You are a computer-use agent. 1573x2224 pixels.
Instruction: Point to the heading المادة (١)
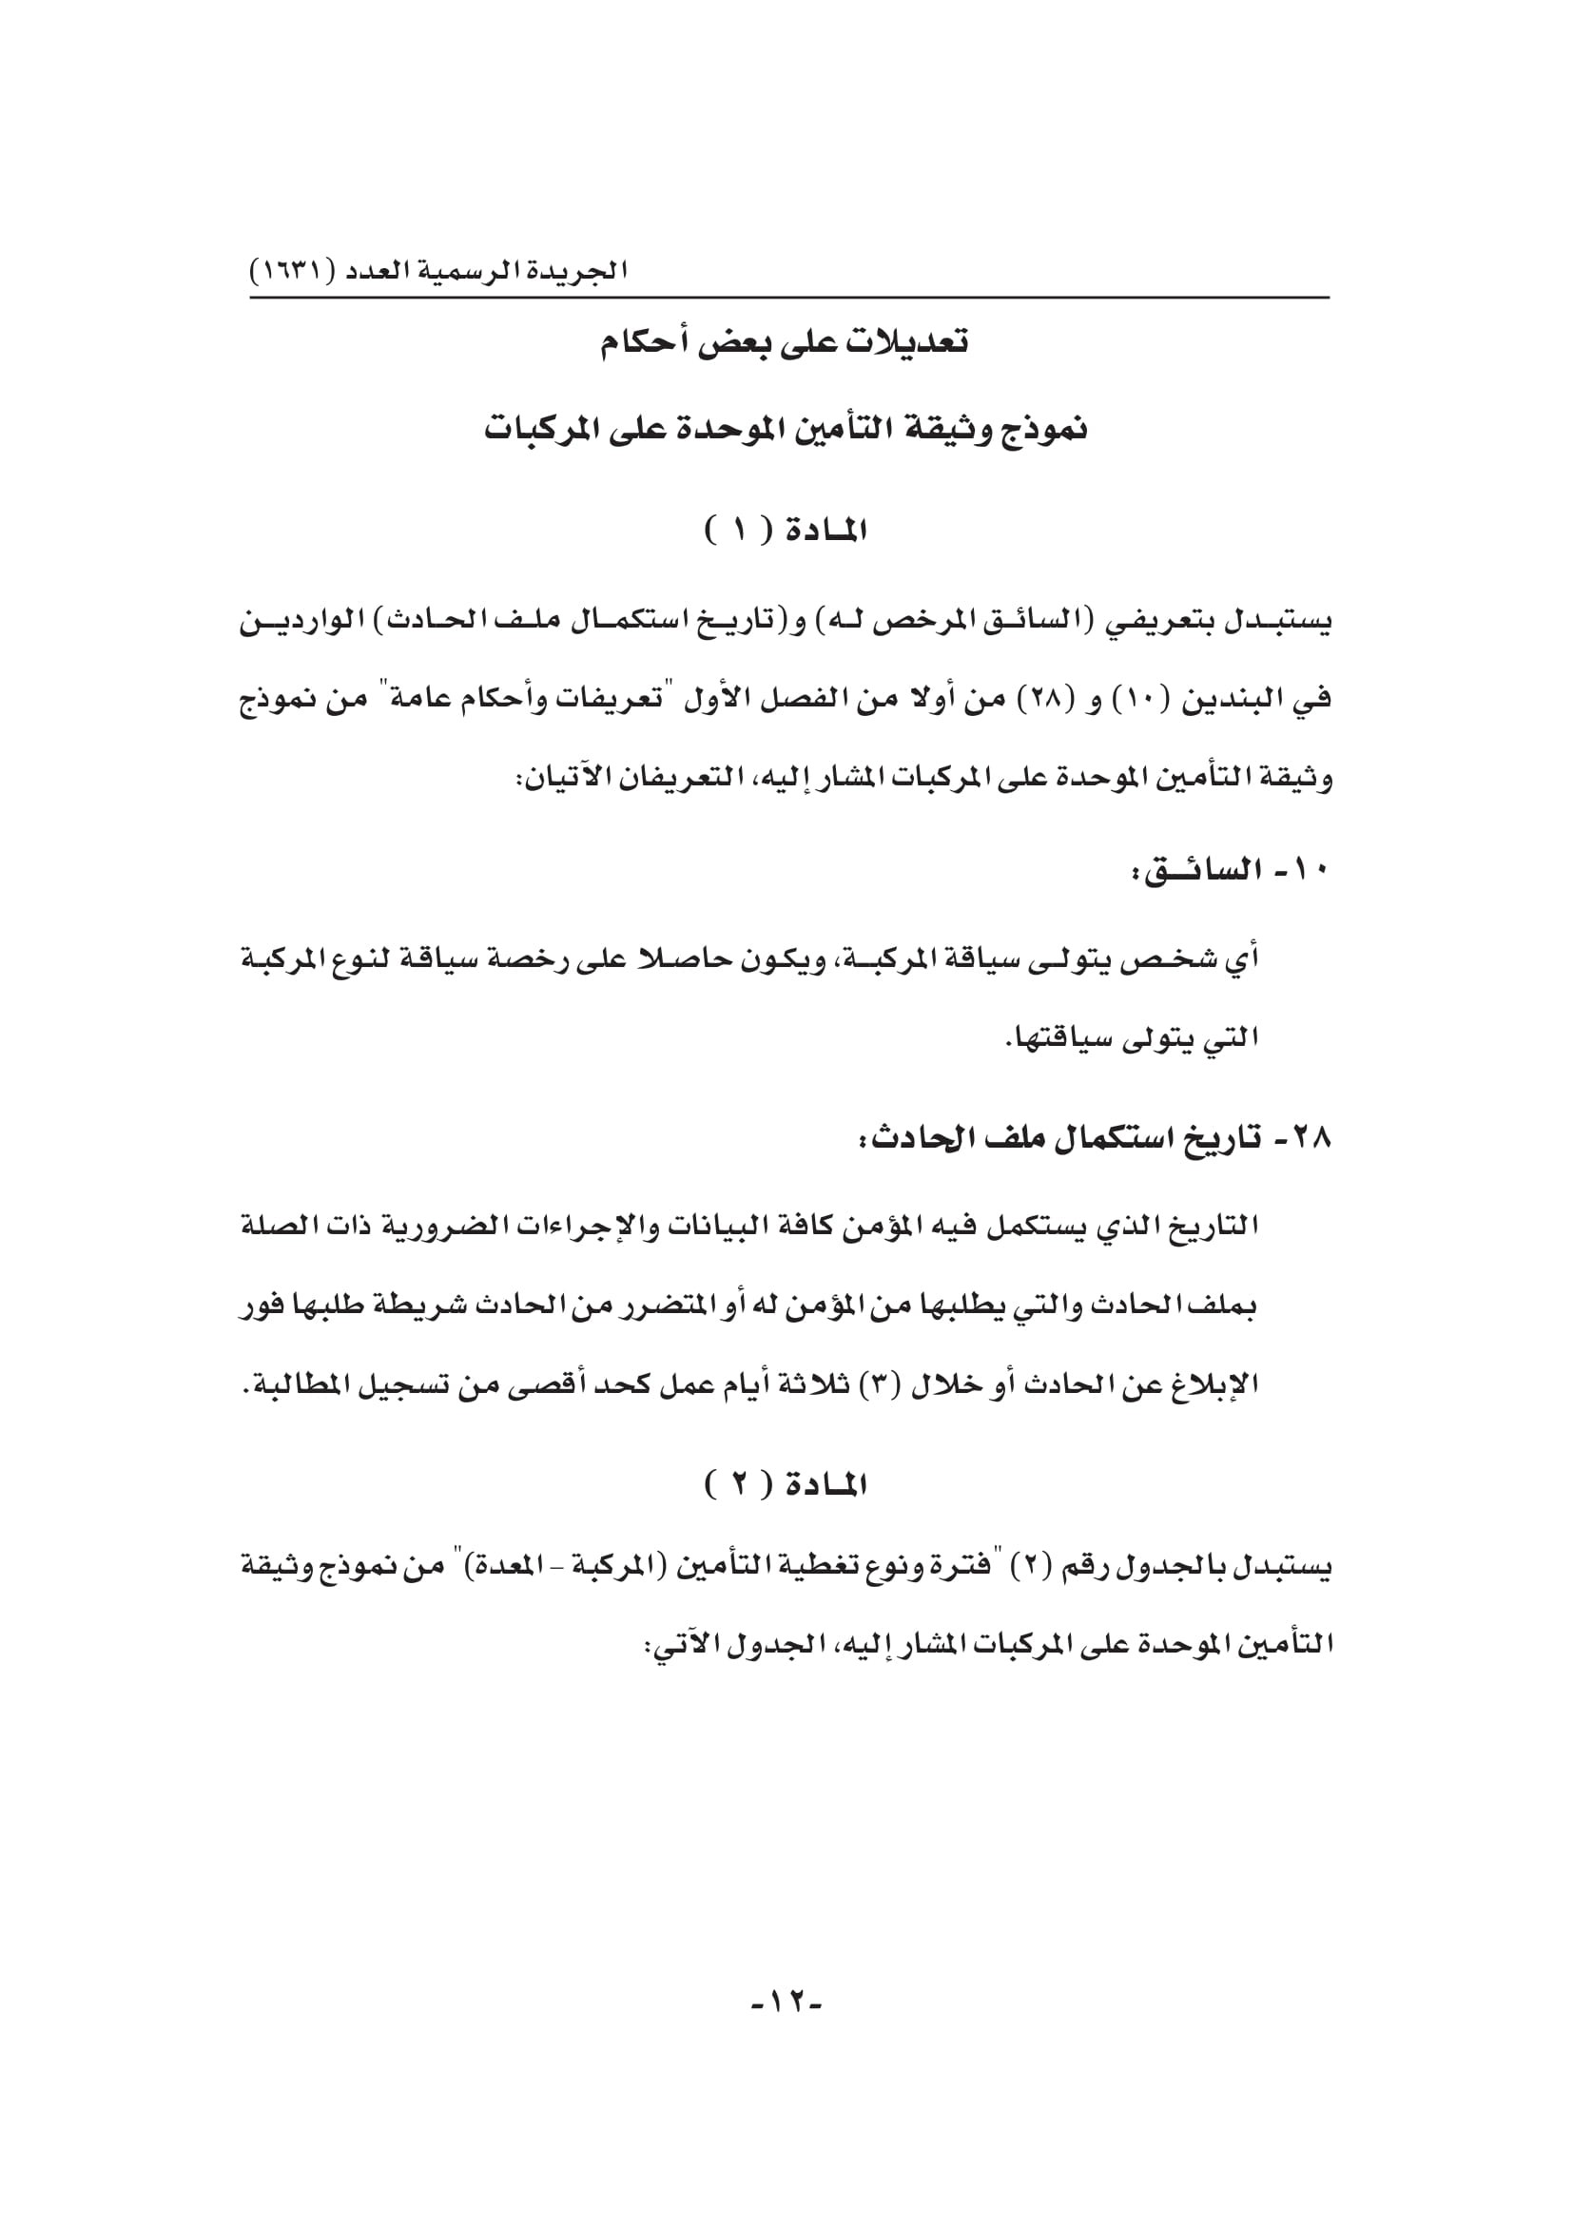tap(786, 531)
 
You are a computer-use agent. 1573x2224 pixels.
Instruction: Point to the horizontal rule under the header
tap(789, 298)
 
